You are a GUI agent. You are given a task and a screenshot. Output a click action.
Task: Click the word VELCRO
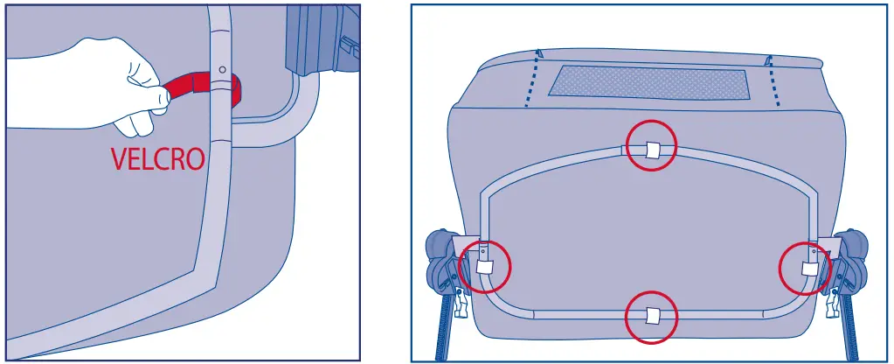(x=157, y=159)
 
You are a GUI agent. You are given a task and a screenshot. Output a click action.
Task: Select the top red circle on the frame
(x=651, y=147)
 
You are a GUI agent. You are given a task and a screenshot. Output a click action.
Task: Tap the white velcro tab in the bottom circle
(x=651, y=316)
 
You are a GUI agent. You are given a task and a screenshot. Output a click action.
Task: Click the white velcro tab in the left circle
(x=485, y=268)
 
